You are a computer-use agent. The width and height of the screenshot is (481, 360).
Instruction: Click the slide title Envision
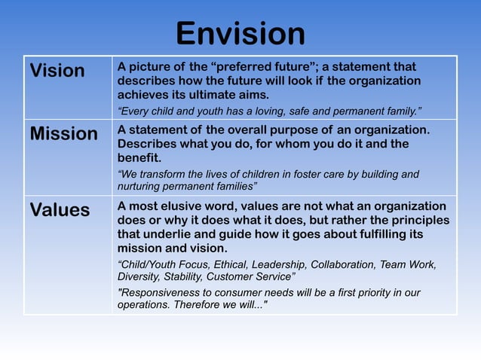pyautogui.click(x=240, y=33)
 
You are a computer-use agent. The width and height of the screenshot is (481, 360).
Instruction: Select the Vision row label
pyautogui.click(x=57, y=71)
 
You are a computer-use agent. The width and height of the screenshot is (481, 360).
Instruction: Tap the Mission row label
pyautogui.click(x=63, y=134)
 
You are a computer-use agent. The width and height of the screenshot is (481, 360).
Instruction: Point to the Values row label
pyautogui.click(x=60, y=210)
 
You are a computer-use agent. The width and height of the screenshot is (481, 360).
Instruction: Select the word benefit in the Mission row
pyautogui.click(x=139, y=157)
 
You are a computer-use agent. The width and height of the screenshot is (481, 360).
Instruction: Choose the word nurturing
pyautogui.click(x=140, y=185)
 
